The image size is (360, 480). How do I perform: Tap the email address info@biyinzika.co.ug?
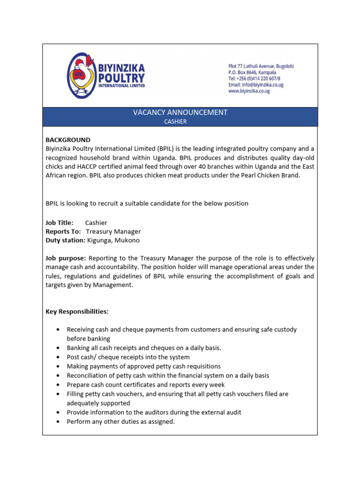point(255,85)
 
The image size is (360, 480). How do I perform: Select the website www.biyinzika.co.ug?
point(249,91)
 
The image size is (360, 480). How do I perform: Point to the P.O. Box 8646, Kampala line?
point(252,73)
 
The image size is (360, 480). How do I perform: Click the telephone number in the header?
point(255,79)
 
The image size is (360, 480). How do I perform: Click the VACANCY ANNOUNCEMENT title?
point(180,112)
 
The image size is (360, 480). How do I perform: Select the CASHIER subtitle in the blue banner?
point(175,121)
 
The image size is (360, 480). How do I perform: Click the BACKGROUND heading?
point(68,140)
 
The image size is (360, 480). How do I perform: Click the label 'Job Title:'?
point(60,223)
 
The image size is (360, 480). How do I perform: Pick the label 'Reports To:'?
point(63,232)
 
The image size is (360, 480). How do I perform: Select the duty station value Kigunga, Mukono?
point(113,240)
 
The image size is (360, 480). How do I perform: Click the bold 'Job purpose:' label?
point(66,258)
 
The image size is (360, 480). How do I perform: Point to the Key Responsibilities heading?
point(77,312)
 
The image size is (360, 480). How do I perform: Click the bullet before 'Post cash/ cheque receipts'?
point(57,357)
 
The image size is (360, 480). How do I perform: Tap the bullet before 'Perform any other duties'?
point(57,422)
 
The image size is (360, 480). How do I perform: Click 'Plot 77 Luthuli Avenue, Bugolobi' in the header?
point(261,67)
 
